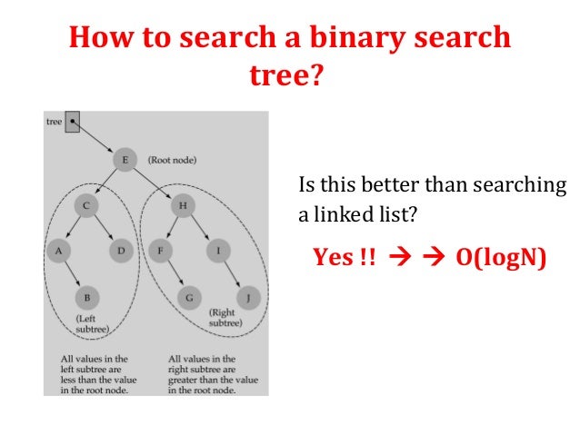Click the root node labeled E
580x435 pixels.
pos(124,159)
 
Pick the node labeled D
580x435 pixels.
pos(121,248)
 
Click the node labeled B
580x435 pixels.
pos(86,297)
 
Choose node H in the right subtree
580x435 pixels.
pos(183,207)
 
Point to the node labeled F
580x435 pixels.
pos(160,248)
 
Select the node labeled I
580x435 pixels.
pos(218,248)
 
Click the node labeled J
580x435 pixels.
pos(245,297)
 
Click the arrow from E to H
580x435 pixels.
pos(154,183)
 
